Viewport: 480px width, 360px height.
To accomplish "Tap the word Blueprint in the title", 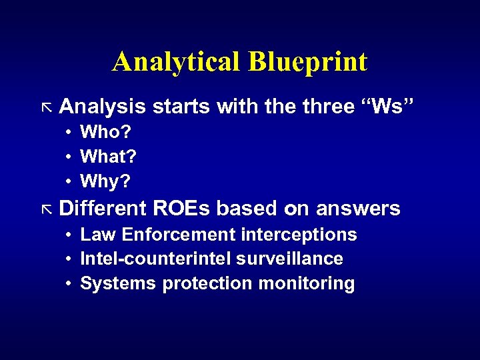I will [307, 62].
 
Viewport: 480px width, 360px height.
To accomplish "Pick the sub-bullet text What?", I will [108, 157].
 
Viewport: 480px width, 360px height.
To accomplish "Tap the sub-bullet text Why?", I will [105, 181].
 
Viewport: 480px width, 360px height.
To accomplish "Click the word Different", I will [103, 209].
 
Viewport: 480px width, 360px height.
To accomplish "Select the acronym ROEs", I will [181, 209].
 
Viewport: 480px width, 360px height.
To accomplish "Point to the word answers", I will [358, 209].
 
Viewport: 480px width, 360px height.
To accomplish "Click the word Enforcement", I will [179, 235].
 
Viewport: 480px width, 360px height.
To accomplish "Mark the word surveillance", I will [293, 259].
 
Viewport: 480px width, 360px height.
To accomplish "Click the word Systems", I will [118, 283].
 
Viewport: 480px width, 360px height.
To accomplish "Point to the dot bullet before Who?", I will [69, 133].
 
